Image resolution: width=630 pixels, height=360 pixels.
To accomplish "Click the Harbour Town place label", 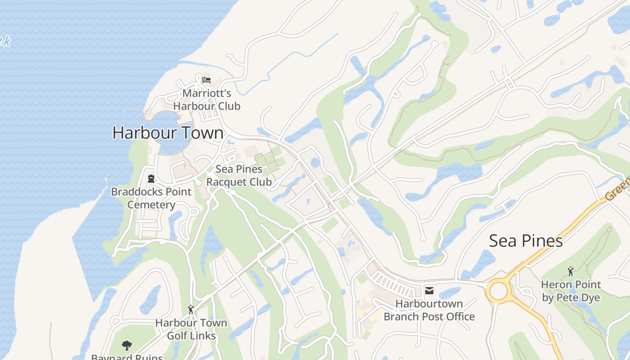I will tap(167, 133).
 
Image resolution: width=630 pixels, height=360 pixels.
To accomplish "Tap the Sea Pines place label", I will tap(526, 241).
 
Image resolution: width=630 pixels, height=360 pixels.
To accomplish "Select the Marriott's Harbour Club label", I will tap(207, 100).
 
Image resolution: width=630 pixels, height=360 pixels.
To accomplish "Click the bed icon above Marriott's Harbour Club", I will tap(207, 80).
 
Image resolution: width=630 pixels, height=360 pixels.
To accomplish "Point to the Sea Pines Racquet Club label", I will tap(239, 175).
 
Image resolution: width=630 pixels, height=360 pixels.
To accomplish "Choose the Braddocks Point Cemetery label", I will tap(151, 198).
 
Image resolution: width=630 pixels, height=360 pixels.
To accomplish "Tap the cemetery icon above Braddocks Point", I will tap(151, 179).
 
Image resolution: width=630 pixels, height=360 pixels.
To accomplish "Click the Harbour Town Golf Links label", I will tap(191, 329).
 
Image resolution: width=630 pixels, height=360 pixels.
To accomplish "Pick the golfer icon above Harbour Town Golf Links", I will tap(191, 310).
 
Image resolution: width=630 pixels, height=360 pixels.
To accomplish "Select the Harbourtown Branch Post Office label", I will tap(429, 310).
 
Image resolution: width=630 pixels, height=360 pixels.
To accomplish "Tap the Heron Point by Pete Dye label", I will tap(571, 291).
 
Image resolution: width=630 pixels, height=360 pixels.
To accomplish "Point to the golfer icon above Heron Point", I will tap(571, 271).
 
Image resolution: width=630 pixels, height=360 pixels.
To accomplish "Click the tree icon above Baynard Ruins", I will tap(127, 346).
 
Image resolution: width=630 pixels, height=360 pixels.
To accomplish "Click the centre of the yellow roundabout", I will tap(498, 291).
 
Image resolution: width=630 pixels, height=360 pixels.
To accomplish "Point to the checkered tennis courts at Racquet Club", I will tap(269, 160).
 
